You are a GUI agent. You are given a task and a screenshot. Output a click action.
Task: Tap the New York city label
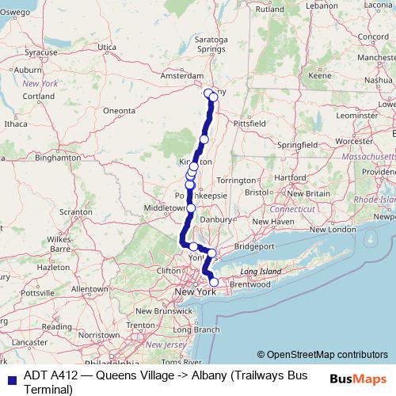coord(196,293)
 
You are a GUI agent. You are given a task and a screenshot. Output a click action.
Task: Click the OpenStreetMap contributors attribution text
coord(327,355)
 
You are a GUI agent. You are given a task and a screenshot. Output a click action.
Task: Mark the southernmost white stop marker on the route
coord(213,282)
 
